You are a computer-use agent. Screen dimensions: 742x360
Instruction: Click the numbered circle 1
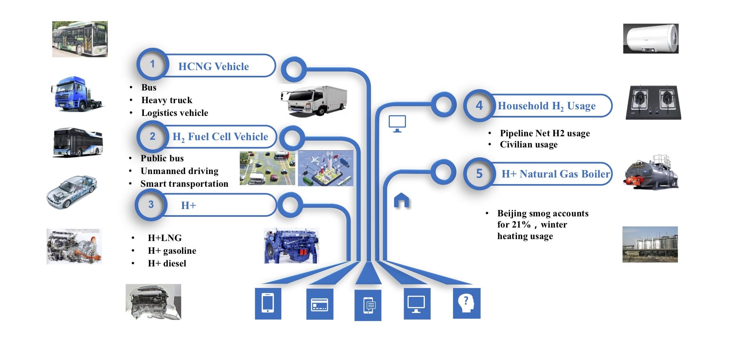click(x=152, y=64)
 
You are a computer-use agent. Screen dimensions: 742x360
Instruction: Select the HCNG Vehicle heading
click(x=214, y=67)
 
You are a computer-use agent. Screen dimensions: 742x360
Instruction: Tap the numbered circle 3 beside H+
click(x=151, y=205)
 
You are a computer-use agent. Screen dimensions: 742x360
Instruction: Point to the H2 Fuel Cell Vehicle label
click(x=220, y=137)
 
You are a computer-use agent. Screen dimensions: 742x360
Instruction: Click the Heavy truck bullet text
click(x=167, y=100)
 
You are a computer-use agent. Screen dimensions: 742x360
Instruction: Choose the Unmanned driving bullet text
click(x=179, y=171)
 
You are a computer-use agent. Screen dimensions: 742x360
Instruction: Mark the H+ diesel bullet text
click(x=167, y=263)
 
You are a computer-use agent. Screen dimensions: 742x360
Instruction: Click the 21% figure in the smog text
click(x=521, y=224)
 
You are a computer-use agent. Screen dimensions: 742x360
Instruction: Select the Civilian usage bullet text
click(x=529, y=145)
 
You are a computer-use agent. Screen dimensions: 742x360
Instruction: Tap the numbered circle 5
click(x=479, y=174)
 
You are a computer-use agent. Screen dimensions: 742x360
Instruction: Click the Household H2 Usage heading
click(x=546, y=106)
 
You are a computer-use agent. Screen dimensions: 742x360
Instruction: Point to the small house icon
click(x=401, y=200)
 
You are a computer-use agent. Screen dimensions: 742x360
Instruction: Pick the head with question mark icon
click(x=466, y=303)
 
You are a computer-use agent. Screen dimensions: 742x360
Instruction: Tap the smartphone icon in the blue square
click(x=268, y=303)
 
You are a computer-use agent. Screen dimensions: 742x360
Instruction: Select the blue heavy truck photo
click(x=77, y=94)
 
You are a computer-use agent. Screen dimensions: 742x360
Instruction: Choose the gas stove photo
click(x=653, y=102)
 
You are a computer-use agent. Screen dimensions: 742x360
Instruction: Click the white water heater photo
click(x=651, y=39)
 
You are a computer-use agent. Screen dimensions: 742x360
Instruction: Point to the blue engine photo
click(x=291, y=246)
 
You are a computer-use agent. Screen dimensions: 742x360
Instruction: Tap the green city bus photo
click(x=80, y=39)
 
